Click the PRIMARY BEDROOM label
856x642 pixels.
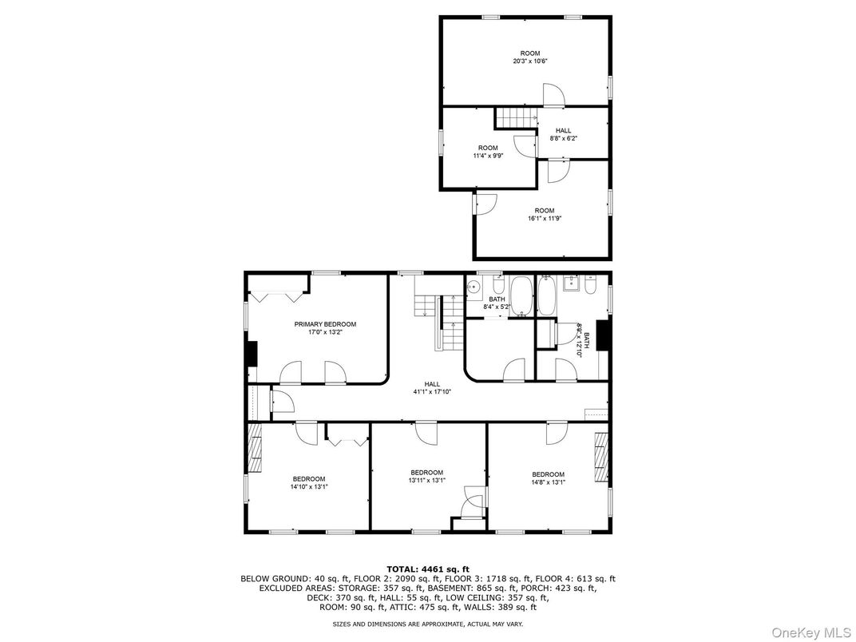coord(325,324)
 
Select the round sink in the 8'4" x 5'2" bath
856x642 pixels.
coord(474,287)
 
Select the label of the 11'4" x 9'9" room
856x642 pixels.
coord(487,148)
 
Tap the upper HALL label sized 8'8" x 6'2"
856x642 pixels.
coord(563,130)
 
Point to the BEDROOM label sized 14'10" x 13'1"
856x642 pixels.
coord(308,478)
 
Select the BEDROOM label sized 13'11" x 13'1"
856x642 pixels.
coord(426,472)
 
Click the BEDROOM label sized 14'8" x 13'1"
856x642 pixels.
coord(548,474)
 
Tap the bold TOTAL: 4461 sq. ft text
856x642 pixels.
coord(427,569)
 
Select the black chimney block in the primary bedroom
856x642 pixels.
coord(252,353)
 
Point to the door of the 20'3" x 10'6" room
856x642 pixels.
coord(553,96)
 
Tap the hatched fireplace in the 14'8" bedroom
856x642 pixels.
coord(600,457)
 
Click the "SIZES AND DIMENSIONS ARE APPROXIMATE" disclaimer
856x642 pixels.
coord(427,623)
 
